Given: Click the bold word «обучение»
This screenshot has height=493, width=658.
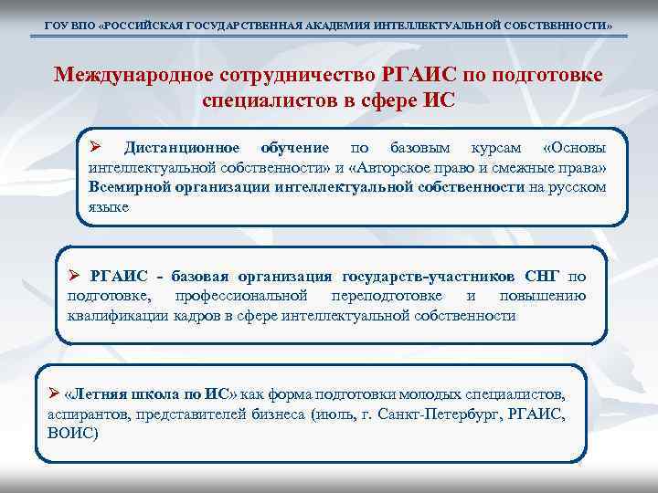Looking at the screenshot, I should pyautogui.click(x=295, y=148).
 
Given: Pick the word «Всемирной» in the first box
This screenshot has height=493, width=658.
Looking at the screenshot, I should pyautogui.click(x=130, y=187).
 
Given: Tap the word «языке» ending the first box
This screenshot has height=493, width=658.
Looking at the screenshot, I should pyautogui.click(x=110, y=207).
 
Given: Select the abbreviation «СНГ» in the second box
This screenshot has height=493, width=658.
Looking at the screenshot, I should pyautogui.click(x=545, y=277).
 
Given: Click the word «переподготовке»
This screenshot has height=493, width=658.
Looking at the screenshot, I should pyautogui.click(x=387, y=296).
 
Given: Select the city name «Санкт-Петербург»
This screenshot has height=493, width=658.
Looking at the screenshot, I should pyautogui.click(x=451, y=414).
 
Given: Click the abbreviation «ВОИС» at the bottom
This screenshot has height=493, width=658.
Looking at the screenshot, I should pyautogui.click(x=71, y=434).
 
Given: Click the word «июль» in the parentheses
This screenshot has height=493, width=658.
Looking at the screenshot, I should pyautogui.click(x=335, y=414).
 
